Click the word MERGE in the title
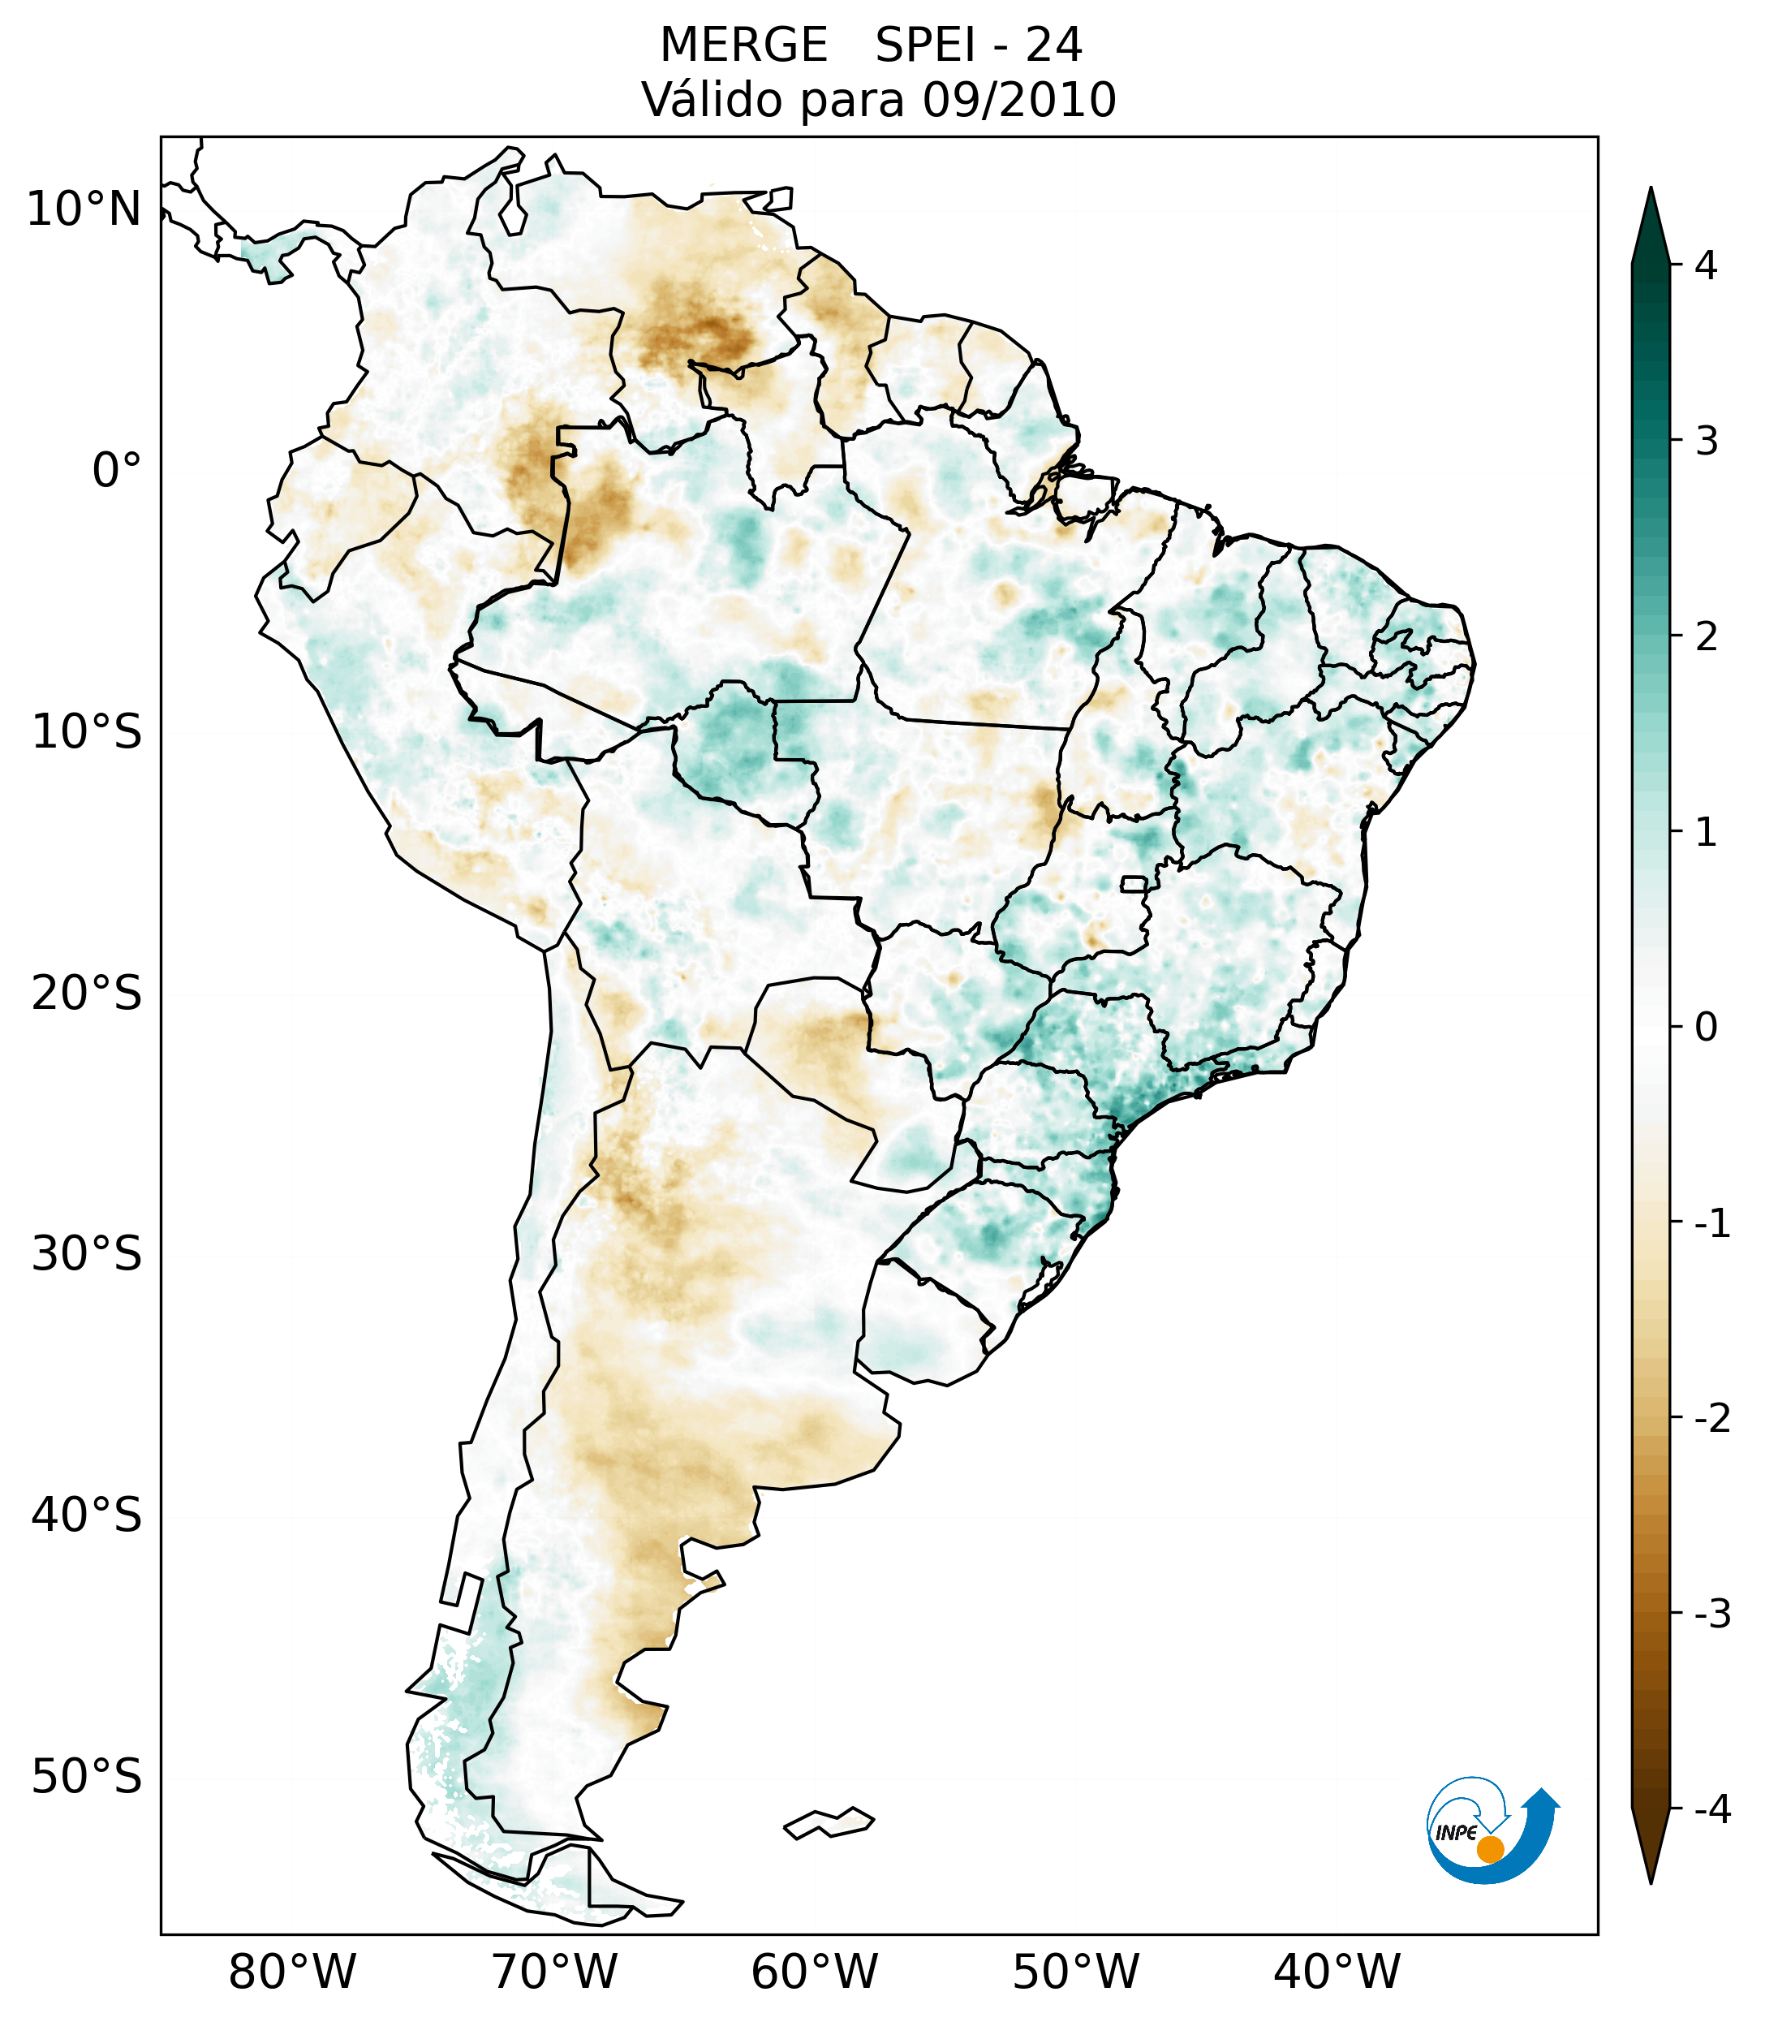coord(743,45)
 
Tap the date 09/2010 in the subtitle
coord(1018,100)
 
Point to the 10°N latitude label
coord(84,209)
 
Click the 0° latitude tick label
coord(117,471)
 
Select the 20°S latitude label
coord(87,994)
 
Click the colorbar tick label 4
coord(1706,265)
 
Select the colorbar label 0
coord(1706,1028)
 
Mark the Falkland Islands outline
coord(829,1822)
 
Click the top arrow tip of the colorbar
coord(1650,190)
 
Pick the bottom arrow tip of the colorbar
coord(1651,1882)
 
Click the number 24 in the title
coord(1053,45)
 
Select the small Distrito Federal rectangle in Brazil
coord(1134,883)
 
